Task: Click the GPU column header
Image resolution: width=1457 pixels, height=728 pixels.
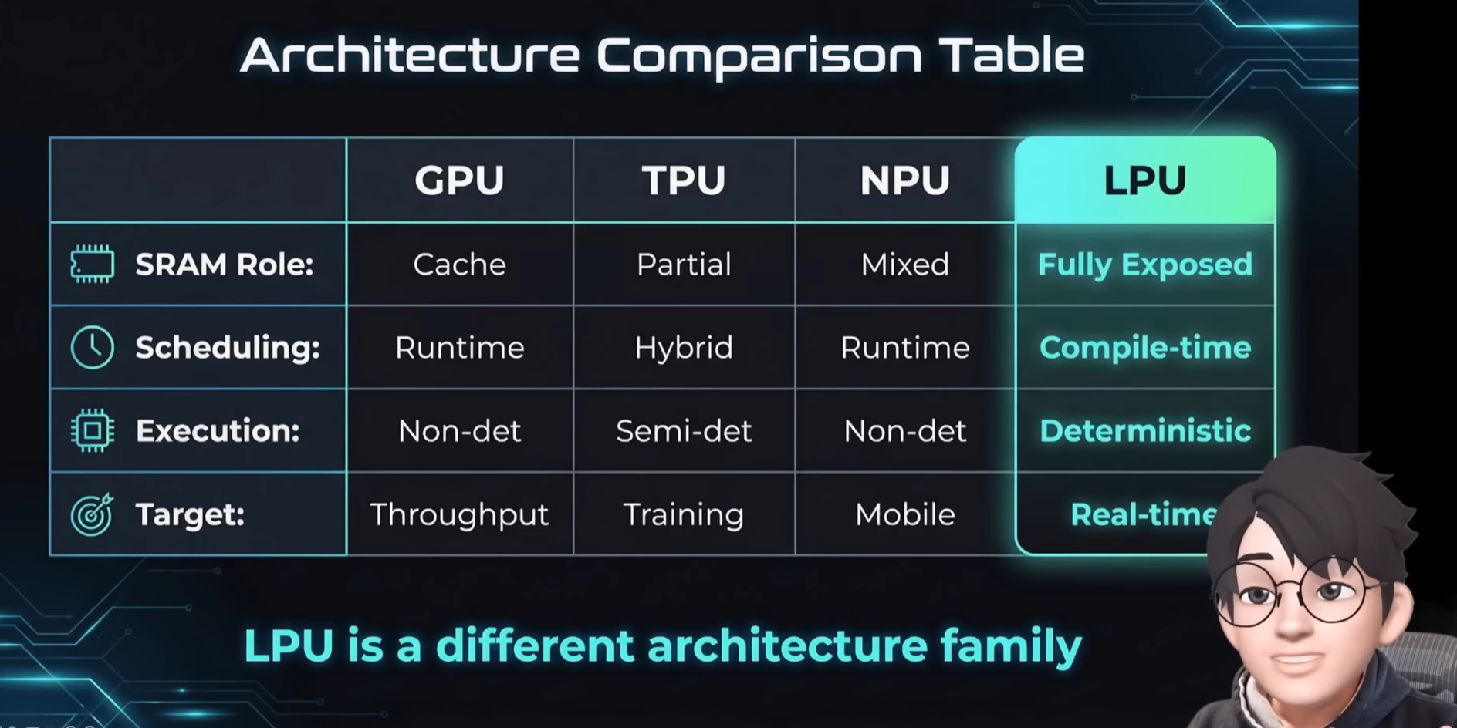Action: pyautogui.click(x=459, y=180)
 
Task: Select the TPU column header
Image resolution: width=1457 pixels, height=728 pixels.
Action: pyautogui.click(x=684, y=180)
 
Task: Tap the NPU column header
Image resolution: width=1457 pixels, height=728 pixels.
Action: pyautogui.click(x=904, y=180)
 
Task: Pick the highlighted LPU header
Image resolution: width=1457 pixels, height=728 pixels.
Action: pyautogui.click(x=1144, y=180)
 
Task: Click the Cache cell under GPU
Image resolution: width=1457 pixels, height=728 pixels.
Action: pyautogui.click(x=459, y=265)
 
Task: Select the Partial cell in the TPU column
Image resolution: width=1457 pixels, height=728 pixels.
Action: pyautogui.click(x=684, y=265)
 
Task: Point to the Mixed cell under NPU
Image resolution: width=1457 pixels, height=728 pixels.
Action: pyautogui.click(x=904, y=265)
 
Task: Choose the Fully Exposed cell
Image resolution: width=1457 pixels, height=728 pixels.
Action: pyautogui.click(x=1144, y=265)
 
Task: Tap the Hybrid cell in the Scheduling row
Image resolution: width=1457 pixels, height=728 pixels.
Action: pyautogui.click(x=684, y=348)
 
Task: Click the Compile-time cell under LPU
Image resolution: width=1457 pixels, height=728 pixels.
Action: pyautogui.click(x=1144, y=348)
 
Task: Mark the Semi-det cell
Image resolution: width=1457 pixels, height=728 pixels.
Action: pyautogui.click(x=684, y=431)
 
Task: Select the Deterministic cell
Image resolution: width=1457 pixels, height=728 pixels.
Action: pyautogui.click(x=1144, y=431)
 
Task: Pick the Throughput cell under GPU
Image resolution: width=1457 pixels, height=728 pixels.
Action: pyautogui.click(x=459, y=514)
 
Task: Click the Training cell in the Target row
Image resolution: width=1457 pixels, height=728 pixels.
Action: pyautogui.click(x=684, y=514)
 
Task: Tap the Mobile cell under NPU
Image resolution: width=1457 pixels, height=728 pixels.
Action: pyautogui.click(x=904, y=514)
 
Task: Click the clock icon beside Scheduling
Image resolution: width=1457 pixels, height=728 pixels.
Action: pyautogui.click(x=93, y=347)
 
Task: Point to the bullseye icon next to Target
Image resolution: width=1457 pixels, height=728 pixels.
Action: pyautogui.click(x=92, y=514)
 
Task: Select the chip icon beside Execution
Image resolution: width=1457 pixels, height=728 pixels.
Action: pyautogui.click(x=93, y=430)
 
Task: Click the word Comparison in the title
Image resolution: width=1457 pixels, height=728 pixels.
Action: pyautogui.click(x=759, y=56)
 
